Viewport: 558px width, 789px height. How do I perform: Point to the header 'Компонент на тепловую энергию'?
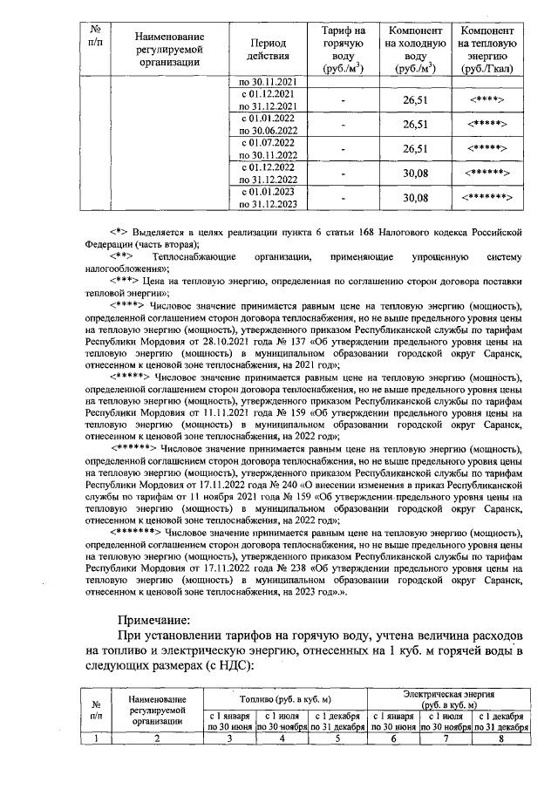tap(487, 47)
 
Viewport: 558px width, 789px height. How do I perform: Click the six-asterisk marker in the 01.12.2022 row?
tap(487, 173)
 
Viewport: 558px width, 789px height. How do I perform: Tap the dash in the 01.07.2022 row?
tap(343, 149)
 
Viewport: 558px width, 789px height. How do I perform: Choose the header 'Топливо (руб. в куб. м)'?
tap(284, 699)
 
